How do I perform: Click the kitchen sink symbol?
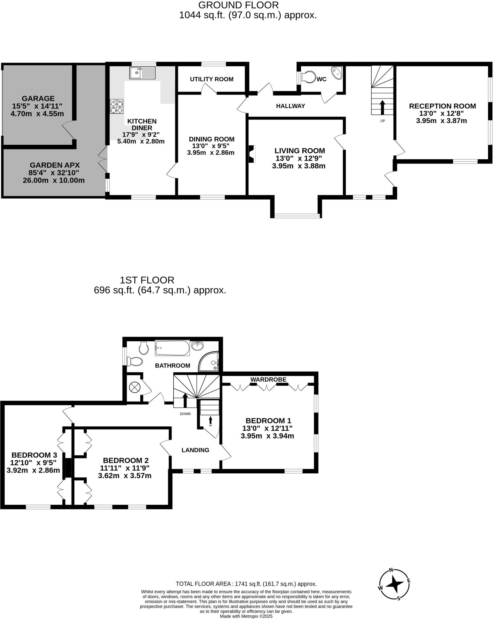pyautogui.click(x=142, y=73)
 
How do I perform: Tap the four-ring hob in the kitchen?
pyautogui.click(x=117, y=106)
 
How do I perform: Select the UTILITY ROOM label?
pyautogui.click(x=211, y=79)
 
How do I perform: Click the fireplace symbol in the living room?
pyautogui.click(x=252, y=154)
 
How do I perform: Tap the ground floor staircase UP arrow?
pyautogui.click(x=382, y=107)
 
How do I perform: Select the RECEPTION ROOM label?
pyautogui.click(x=442, y=106)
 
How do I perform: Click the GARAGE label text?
pyautogui.click(x=38, y=98)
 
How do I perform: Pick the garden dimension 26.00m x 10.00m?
pyautogui.click(x=54, y=181)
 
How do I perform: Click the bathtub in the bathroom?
pyautogui.click(x=172, y=348)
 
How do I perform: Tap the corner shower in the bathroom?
pyautogui.click(x=209, y=362)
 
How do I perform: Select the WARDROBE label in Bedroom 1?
pyautogui.click(x=268, y=379)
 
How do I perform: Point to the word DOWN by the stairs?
pyautogui.click(x=185, y=414)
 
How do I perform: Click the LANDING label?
pyautogui.click(x=195, y=450)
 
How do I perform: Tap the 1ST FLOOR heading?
pyautogui.click(x=147, y=280)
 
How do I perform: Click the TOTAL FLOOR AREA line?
pyautogui.click(x=246, y=584)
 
